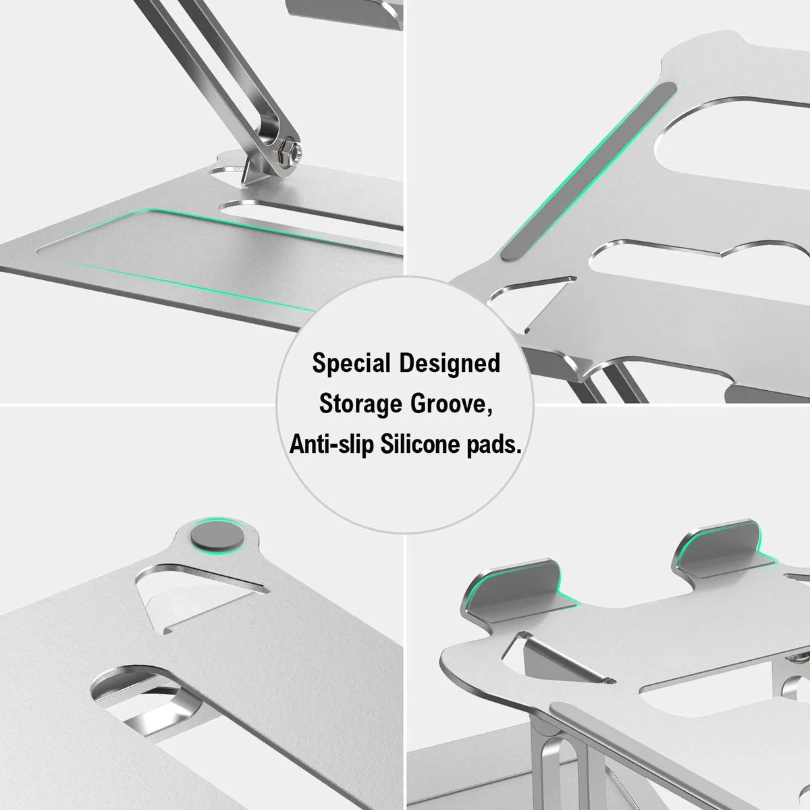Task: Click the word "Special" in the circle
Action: (x=351, y=364)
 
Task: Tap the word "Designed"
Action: (x=450, y=364)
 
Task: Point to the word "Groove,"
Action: (x=452, y=404)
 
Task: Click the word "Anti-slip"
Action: (x=331, y=444)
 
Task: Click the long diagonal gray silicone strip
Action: (x=589, y=172)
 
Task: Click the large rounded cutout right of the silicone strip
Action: (x=732, y=139)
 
